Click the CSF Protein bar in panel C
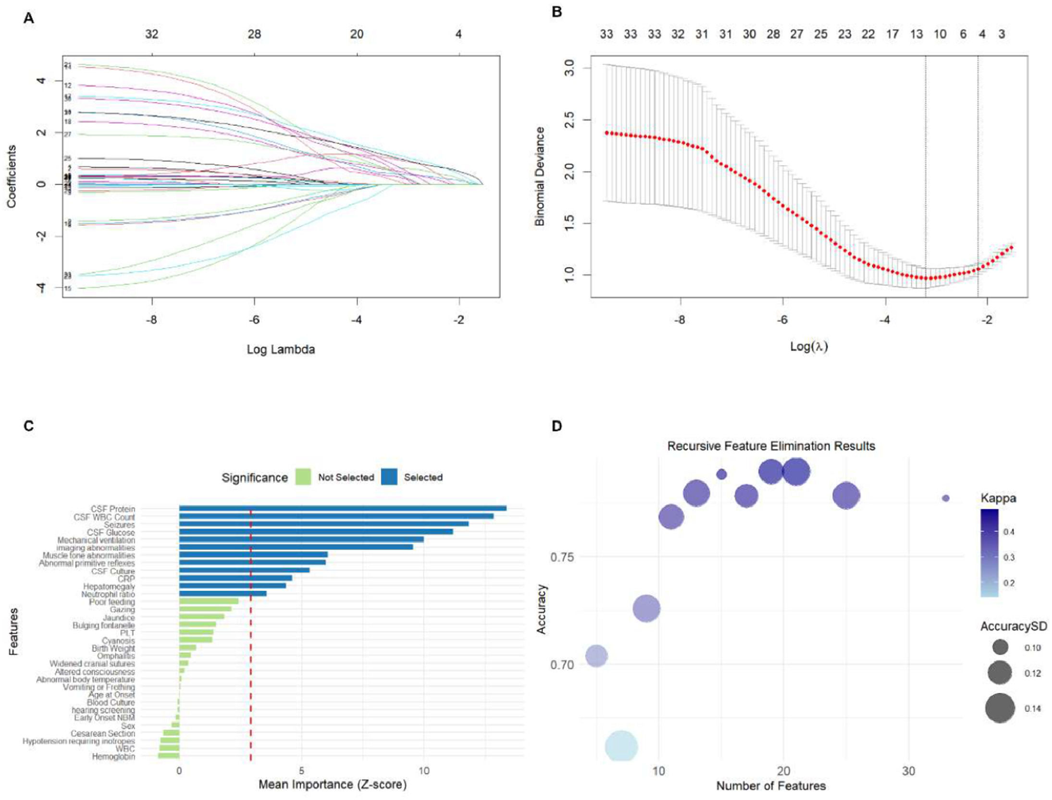342,508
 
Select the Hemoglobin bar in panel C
168,756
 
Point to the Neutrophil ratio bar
223,594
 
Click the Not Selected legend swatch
303,477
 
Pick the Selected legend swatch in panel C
389,477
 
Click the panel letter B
557,12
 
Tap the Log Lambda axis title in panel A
281,349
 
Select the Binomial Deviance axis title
540,176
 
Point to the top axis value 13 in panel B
916,34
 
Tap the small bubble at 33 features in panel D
945,498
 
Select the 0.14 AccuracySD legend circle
1000,708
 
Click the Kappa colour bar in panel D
989,553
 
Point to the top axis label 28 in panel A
254,34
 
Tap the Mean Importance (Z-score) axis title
332,785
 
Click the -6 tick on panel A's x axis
254,320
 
